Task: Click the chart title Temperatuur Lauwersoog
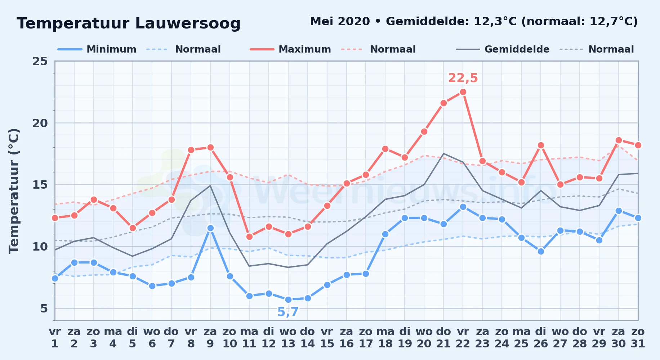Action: click(x=129, y=23)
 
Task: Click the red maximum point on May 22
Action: click(x=463, y=92)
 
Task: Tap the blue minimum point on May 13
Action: click(x=288, y=300)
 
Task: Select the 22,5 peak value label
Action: click(x=463, y=78)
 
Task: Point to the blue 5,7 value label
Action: click(x=288, y=312)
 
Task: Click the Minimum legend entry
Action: click(x=97, y=49)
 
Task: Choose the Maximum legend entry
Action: click(x=291, y=49)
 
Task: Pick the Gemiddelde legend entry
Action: click(x=503, y=49)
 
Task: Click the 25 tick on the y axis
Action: click(x=40, y=61)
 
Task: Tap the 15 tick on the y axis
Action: click(x=40, y=185)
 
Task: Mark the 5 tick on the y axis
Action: click(x=44, y=308)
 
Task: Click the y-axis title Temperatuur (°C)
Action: click(x=14, y=191)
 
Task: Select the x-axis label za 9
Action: click(x=210, y=338)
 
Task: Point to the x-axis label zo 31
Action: click(x=638, y=338)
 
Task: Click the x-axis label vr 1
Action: click(x=55, y=338)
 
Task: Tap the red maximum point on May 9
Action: click(x=210, y=148)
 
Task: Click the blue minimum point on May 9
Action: click(x=210, y=228)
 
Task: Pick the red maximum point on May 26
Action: click(x=541, y=145)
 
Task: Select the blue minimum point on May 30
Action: click(x=619, y=211)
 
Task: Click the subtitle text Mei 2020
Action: click(x=340, y=21)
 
